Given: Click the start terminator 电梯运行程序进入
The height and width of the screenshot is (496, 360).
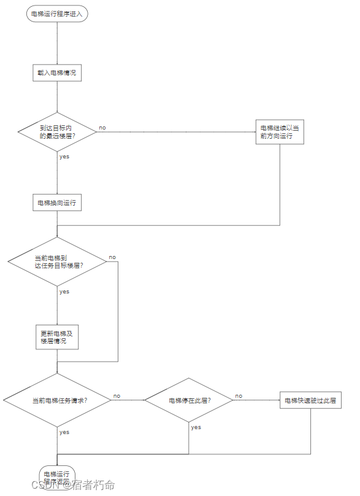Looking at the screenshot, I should [57, 14].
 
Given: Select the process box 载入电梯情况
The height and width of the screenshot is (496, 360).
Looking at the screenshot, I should [57, 72].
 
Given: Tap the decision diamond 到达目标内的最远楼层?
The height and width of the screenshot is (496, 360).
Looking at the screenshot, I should [57, 131].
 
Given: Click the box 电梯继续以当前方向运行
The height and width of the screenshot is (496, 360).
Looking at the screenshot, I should [280, 132].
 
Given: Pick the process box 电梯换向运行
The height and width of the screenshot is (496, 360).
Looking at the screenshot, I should [57, 203].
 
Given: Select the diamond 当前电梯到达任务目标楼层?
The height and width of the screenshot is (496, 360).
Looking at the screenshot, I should [57, 262].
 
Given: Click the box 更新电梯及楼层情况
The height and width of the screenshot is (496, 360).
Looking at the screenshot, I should [57, 337].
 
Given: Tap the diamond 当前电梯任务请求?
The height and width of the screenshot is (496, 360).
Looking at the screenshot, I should [57, 400].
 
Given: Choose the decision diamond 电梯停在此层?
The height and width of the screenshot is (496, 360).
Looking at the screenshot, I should [188, 400].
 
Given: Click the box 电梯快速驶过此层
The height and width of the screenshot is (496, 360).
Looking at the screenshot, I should [310, 400].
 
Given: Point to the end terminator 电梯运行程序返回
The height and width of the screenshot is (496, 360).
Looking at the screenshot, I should [57, 476].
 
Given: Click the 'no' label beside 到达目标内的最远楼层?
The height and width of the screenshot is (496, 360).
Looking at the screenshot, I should [102, 128].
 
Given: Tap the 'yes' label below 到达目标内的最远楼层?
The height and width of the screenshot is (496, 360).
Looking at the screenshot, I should [64, 157].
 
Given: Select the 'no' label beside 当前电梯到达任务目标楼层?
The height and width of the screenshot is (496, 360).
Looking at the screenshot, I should [112, 257].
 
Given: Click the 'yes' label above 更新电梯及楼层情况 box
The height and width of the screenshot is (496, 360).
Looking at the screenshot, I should [64, 292].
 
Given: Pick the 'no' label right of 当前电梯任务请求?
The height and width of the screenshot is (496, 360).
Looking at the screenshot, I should [117, 396].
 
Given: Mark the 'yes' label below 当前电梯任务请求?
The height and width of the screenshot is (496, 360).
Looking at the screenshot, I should [64, 432].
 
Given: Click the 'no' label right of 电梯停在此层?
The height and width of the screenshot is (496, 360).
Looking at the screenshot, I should [239, 396].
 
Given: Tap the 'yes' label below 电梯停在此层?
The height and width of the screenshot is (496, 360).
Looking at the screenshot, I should [196, 427].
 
